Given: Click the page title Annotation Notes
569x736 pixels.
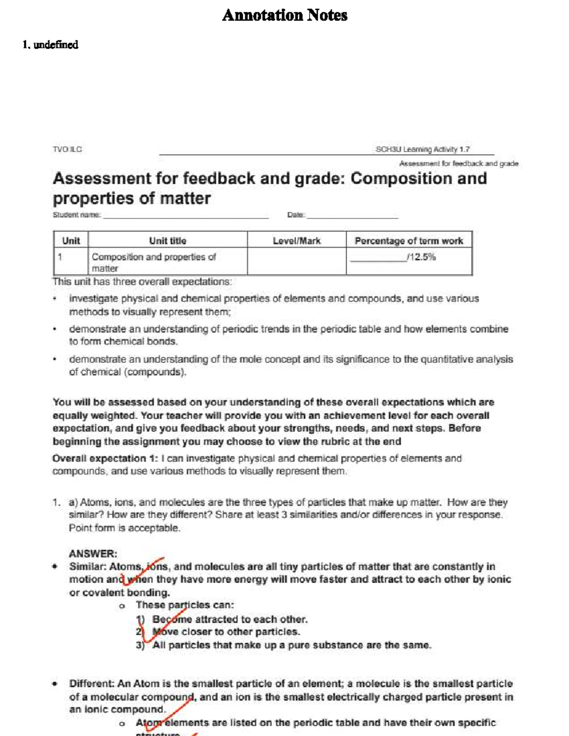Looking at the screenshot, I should pyautogui.click(x=284, y=15).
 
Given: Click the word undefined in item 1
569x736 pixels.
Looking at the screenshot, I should pyautogui.click(x=56, y=45).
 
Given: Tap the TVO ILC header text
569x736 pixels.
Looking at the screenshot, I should pyautogui.click(x=67, y=149).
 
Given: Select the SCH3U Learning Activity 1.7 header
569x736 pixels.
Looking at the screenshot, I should pyautogui.click(x=422, y=149).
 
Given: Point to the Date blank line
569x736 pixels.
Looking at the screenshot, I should pyautogui.click(x=352, y=216).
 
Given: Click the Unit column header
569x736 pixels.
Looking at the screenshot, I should pyautogui.click(x=71, y=241).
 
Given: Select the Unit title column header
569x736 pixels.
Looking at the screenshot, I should pyautogui.click(x=167, y=241).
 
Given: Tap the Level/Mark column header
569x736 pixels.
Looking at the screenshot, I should pyautogui.click(x=296, y=241).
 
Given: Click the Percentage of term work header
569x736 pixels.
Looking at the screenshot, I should pyautogui.click(x=409, y=241).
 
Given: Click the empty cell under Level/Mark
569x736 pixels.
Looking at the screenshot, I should pyautogui.click(x=296, y=262).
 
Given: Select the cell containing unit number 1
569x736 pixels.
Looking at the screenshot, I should pyautogui.click(x=70, y=262).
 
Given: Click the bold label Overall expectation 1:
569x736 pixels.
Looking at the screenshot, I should pyautogui.click(x=105, y=458).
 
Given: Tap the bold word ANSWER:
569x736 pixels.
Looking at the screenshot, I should pyautogui.click(x=93, y=554).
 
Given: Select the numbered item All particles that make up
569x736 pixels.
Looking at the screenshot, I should pyautogui.click(x=292, y=645).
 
